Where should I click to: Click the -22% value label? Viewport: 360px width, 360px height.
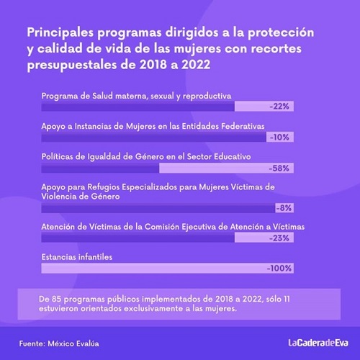279,106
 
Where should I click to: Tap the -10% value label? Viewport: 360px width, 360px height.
279,137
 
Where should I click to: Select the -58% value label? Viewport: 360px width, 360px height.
279,168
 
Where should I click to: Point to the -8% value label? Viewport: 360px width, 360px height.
284,208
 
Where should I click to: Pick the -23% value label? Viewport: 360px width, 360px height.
279,238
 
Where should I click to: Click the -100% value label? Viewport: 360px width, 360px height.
279,268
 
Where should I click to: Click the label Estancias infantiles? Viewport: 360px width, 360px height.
77,257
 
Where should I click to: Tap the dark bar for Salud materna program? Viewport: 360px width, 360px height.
138,106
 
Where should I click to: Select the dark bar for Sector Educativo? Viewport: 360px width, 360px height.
100,168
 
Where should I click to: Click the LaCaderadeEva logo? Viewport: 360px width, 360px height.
318,343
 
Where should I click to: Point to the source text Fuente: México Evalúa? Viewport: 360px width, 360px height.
59,343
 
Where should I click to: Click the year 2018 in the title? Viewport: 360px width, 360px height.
153,65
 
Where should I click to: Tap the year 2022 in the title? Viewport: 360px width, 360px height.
196,65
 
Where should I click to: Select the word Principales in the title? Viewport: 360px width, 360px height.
60,33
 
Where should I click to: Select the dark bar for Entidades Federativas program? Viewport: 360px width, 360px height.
154,137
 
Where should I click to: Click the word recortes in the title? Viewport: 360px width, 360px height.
276,49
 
